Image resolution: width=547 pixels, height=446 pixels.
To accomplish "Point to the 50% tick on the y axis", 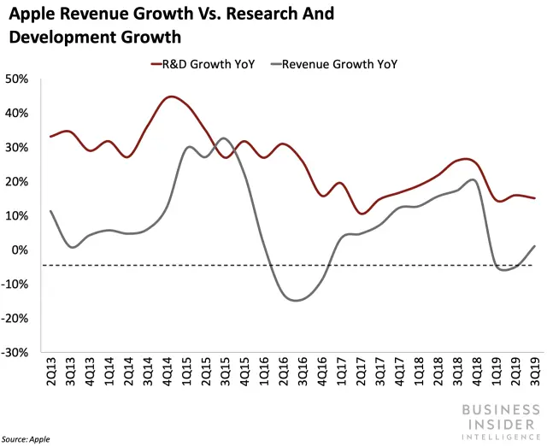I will [x=18, y=79].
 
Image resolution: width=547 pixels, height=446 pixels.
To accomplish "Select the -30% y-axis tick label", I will [x=16, y=352].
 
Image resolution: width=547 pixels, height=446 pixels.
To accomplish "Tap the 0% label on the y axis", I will [x=21, y=250].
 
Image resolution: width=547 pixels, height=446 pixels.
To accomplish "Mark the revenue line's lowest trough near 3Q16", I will [x=296, y=300].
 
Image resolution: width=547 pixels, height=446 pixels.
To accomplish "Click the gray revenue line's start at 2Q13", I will [x=52, y=211].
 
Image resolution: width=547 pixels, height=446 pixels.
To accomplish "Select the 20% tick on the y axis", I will [x=18, y=182].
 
